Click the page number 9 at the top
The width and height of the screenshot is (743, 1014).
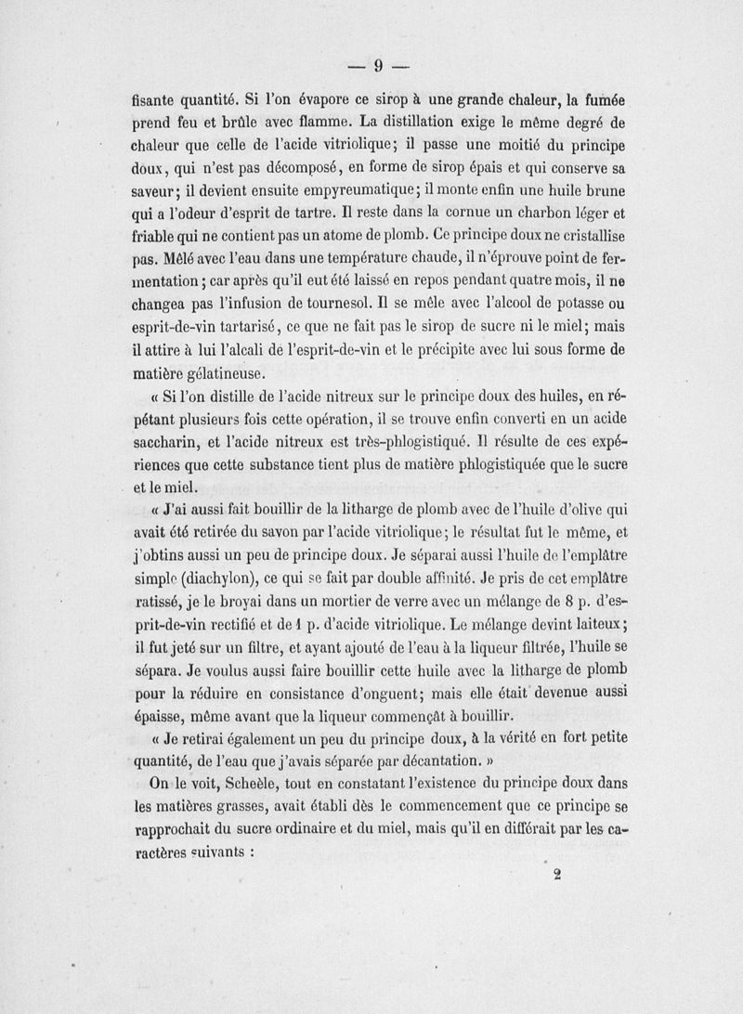coord(378,66)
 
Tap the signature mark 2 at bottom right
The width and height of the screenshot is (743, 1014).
coord(559,874)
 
